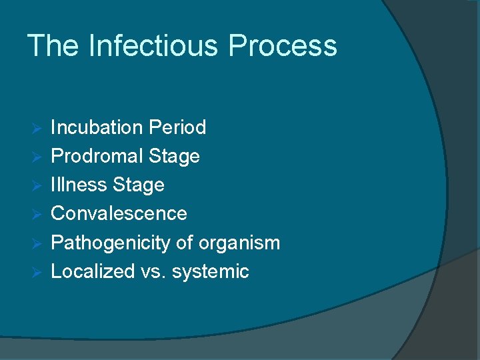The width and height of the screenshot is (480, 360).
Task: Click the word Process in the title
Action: click(282, 46)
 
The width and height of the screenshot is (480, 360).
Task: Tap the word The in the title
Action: click(53, 46)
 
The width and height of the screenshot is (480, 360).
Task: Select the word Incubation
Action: click(97, 127)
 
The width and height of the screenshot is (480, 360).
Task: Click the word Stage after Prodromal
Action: click(175, 156)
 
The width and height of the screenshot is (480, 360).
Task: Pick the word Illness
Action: click(79, 185)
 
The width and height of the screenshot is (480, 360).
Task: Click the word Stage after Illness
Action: click(139, 185)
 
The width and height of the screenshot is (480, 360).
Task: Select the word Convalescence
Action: click(119, 213)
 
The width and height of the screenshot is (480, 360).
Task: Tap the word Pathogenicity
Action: click(111, 243)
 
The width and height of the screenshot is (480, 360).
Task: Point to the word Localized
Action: click(93, 271)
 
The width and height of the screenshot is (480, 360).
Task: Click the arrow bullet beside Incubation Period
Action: click(37, 128)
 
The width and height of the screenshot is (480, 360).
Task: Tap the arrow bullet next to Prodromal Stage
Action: click(37, 157)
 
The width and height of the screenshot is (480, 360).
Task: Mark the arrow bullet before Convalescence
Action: click(37, 214)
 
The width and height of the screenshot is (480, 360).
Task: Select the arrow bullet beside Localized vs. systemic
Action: click(37, 272)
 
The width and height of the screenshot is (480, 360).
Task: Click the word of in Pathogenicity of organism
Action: click(184, 243)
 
